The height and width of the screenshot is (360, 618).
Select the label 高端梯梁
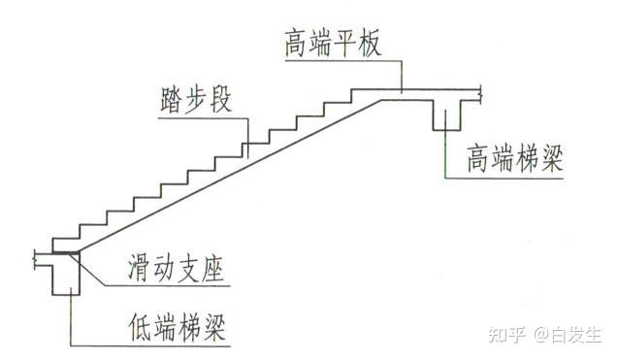[x=515, y=157]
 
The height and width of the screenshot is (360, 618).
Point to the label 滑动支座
[x=176, y=268]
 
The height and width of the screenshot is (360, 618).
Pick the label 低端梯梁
[x=176, y=325]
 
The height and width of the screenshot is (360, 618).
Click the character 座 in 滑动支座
[x=214, y=268]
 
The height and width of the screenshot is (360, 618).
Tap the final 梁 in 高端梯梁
[x=554, y=157]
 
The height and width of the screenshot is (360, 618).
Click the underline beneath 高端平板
[x=340, y=60]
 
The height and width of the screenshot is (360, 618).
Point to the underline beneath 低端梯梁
[x=155, y=344]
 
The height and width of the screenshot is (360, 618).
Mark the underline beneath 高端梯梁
[x=504, y=176]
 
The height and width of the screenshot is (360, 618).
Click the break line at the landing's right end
[x=482, y=95]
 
